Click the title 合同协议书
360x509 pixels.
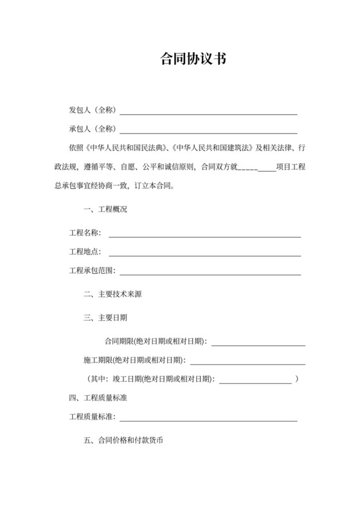[192, 60]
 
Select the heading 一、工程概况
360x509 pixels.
[105, 210]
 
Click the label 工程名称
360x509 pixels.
[84, 232]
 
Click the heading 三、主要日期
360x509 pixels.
[105, 317]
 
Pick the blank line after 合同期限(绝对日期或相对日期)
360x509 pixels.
[258, 343]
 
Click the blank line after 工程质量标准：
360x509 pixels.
[206, 420]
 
